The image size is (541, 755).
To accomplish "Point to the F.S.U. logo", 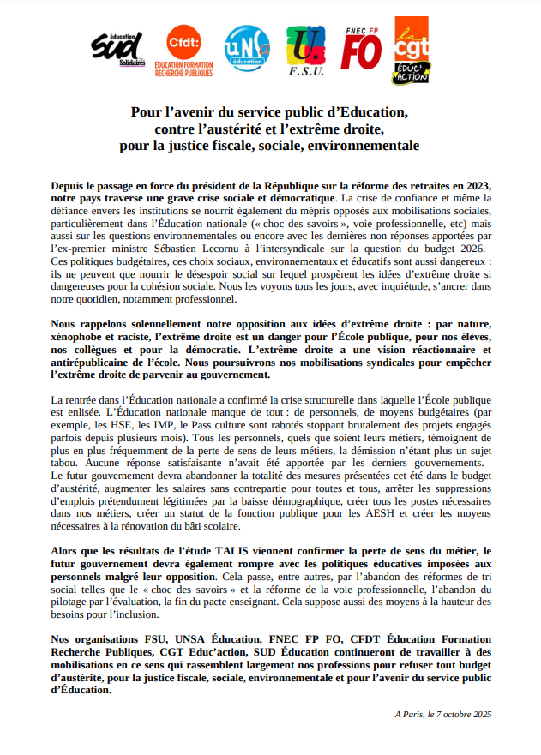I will [x=306, y=52].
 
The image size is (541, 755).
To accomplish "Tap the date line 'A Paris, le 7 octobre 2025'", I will [x=442, y=713].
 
